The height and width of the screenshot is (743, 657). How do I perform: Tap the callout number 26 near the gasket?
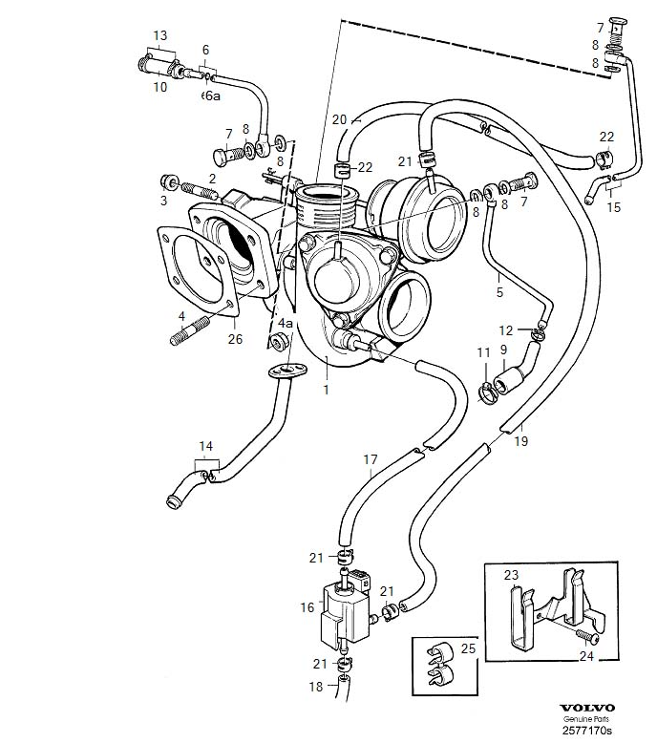(x=235, y=339)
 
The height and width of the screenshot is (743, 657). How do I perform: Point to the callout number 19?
(x=521, y=441)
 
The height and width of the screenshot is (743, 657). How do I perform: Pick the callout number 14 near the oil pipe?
(x=207, y=446)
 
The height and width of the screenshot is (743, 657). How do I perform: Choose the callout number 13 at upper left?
(x=159, y=36)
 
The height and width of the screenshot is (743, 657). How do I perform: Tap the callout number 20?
(x=338, y=119)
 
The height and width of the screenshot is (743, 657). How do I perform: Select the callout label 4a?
(x=285, y=325)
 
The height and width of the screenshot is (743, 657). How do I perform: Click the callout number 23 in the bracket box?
(x=511, y=575)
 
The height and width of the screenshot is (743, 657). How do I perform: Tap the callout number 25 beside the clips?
(x=467, y=648)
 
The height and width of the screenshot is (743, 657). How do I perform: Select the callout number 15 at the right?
(x=613, y=207)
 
